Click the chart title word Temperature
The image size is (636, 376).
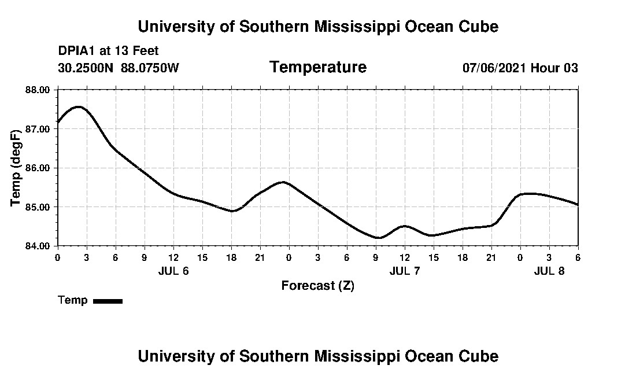318,67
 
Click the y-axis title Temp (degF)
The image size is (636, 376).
16,168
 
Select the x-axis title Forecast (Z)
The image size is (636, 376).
318,286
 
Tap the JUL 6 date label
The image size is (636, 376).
173,271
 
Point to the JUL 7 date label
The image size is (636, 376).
405,271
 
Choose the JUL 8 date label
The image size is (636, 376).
549,271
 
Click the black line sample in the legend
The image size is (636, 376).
108,301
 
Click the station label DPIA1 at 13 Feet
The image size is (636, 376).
109,51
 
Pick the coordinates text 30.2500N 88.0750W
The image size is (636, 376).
119,68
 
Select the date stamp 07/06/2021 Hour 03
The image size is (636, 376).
520,68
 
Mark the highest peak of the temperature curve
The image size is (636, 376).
79,107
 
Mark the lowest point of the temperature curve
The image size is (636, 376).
378,238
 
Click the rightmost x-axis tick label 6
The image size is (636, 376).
578,257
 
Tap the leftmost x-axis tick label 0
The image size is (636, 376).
57,257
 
